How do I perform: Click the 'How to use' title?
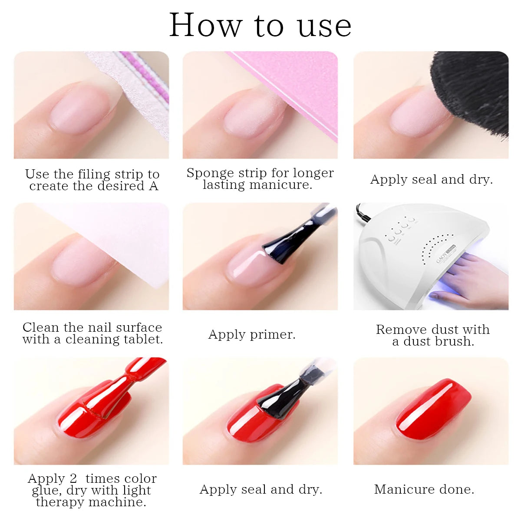260,25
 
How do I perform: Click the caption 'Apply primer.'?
252,335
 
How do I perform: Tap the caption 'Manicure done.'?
424,490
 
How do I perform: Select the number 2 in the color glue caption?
73,478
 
